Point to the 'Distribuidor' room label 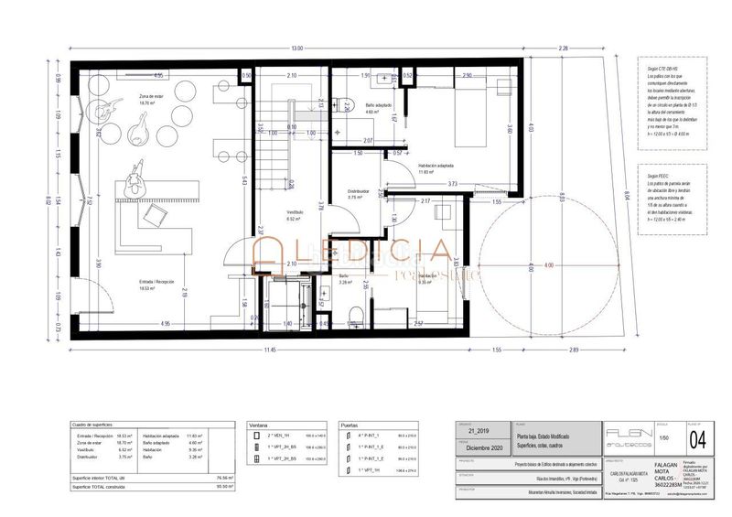[357, 191]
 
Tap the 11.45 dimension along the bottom [270, 350]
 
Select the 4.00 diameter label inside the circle [523, 266]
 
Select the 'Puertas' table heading [349, 425]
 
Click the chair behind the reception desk [153, 212]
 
